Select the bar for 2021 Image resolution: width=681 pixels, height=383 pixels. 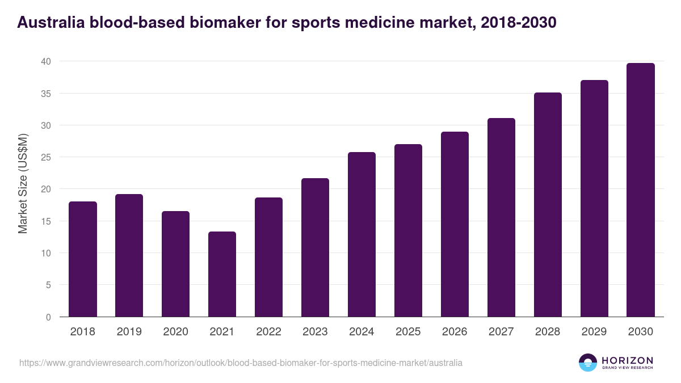(222, 274)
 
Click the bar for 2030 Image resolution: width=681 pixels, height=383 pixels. (641, 190)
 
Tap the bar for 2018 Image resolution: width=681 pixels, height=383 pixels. (83, 259)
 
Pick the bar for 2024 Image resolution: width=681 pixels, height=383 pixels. (361, 234)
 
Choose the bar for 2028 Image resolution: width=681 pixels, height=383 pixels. (548, 205)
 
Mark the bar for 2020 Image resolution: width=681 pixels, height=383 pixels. (175, 264)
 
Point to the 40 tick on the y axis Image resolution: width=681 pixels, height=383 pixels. (46, 61)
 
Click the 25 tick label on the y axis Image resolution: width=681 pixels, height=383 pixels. (46, 157)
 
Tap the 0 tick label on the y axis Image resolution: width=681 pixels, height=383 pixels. (48, 317)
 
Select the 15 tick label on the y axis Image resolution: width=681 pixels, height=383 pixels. (46, 221)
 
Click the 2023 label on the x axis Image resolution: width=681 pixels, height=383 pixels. (315, 332)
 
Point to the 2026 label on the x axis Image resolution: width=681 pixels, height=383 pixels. (455, 332)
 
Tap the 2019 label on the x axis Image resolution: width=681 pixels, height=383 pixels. (129, 332)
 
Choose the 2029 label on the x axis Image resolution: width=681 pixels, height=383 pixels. (594, 332)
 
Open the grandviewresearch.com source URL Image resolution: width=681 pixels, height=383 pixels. (241, 363)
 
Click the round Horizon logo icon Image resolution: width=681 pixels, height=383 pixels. (588, 363)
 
